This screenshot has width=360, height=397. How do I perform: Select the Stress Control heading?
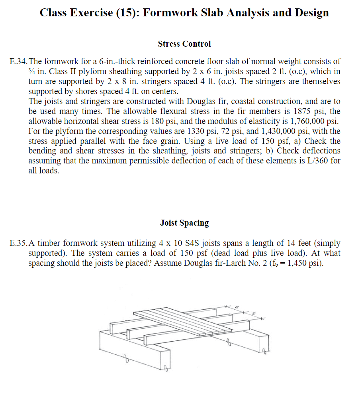pos(184,44)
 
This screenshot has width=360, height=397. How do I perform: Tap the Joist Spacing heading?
pos(184,223)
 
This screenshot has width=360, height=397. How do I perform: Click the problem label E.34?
pos(18,62)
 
